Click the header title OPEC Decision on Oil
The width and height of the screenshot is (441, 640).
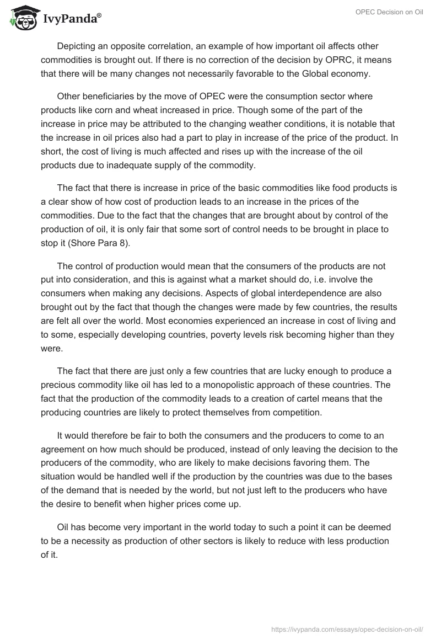point(389,12)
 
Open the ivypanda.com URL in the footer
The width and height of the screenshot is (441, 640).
point(347,628)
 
